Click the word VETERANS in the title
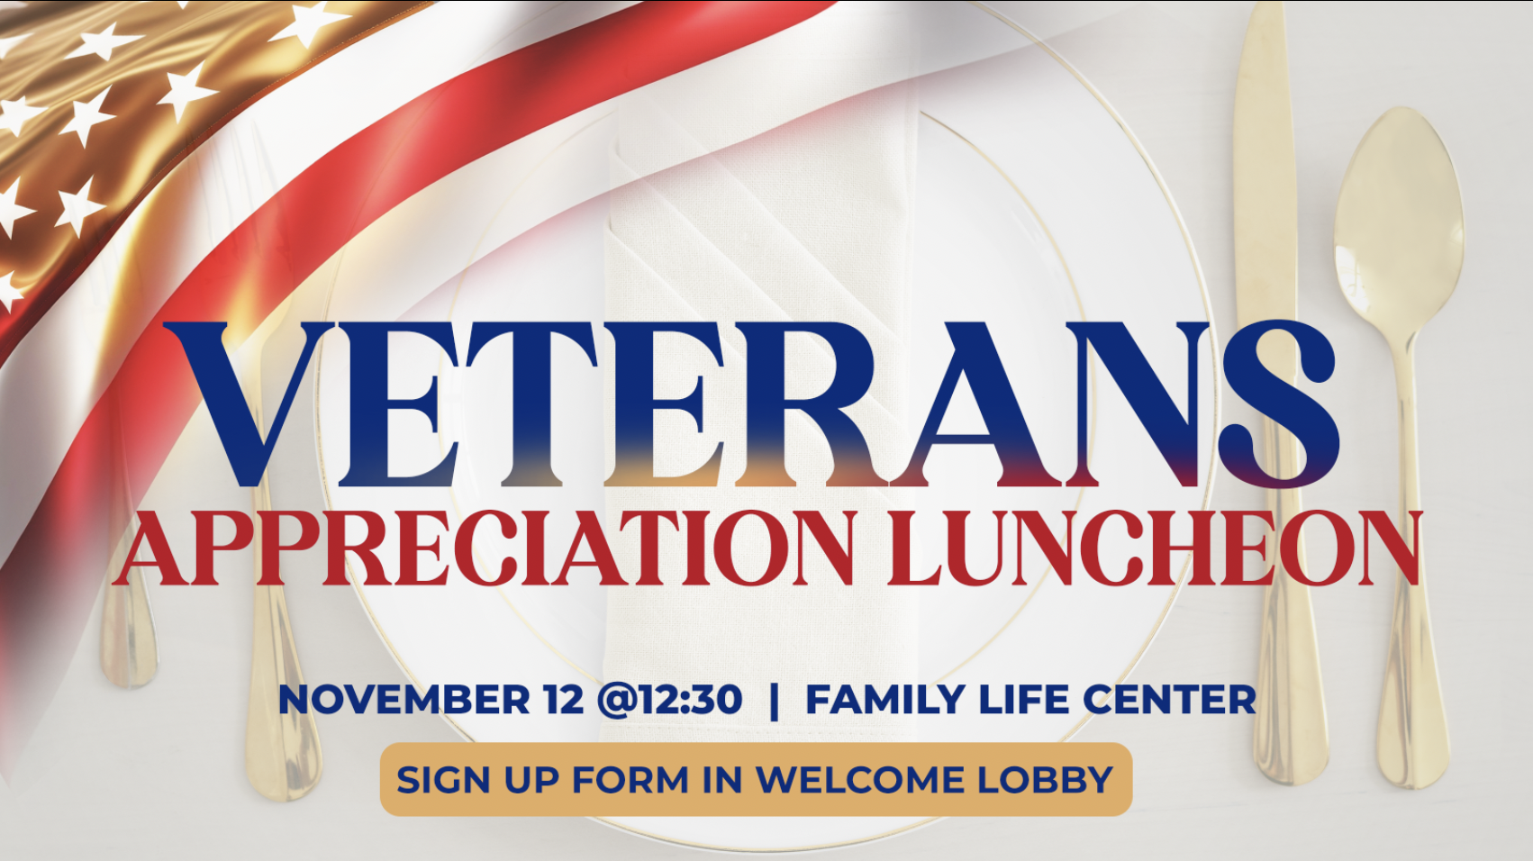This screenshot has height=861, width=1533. point(751,404)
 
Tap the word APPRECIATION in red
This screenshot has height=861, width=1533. point(485,548)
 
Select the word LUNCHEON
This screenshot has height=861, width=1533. point(1154,548)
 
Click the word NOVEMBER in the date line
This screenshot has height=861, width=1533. point(404,700)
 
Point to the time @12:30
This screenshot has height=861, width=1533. point(669,700)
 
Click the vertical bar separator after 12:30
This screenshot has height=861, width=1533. point(774,700)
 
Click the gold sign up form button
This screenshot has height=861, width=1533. point(756,779)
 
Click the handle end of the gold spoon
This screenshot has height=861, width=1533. point(1414,753)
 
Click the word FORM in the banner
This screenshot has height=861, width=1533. point(630,780)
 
